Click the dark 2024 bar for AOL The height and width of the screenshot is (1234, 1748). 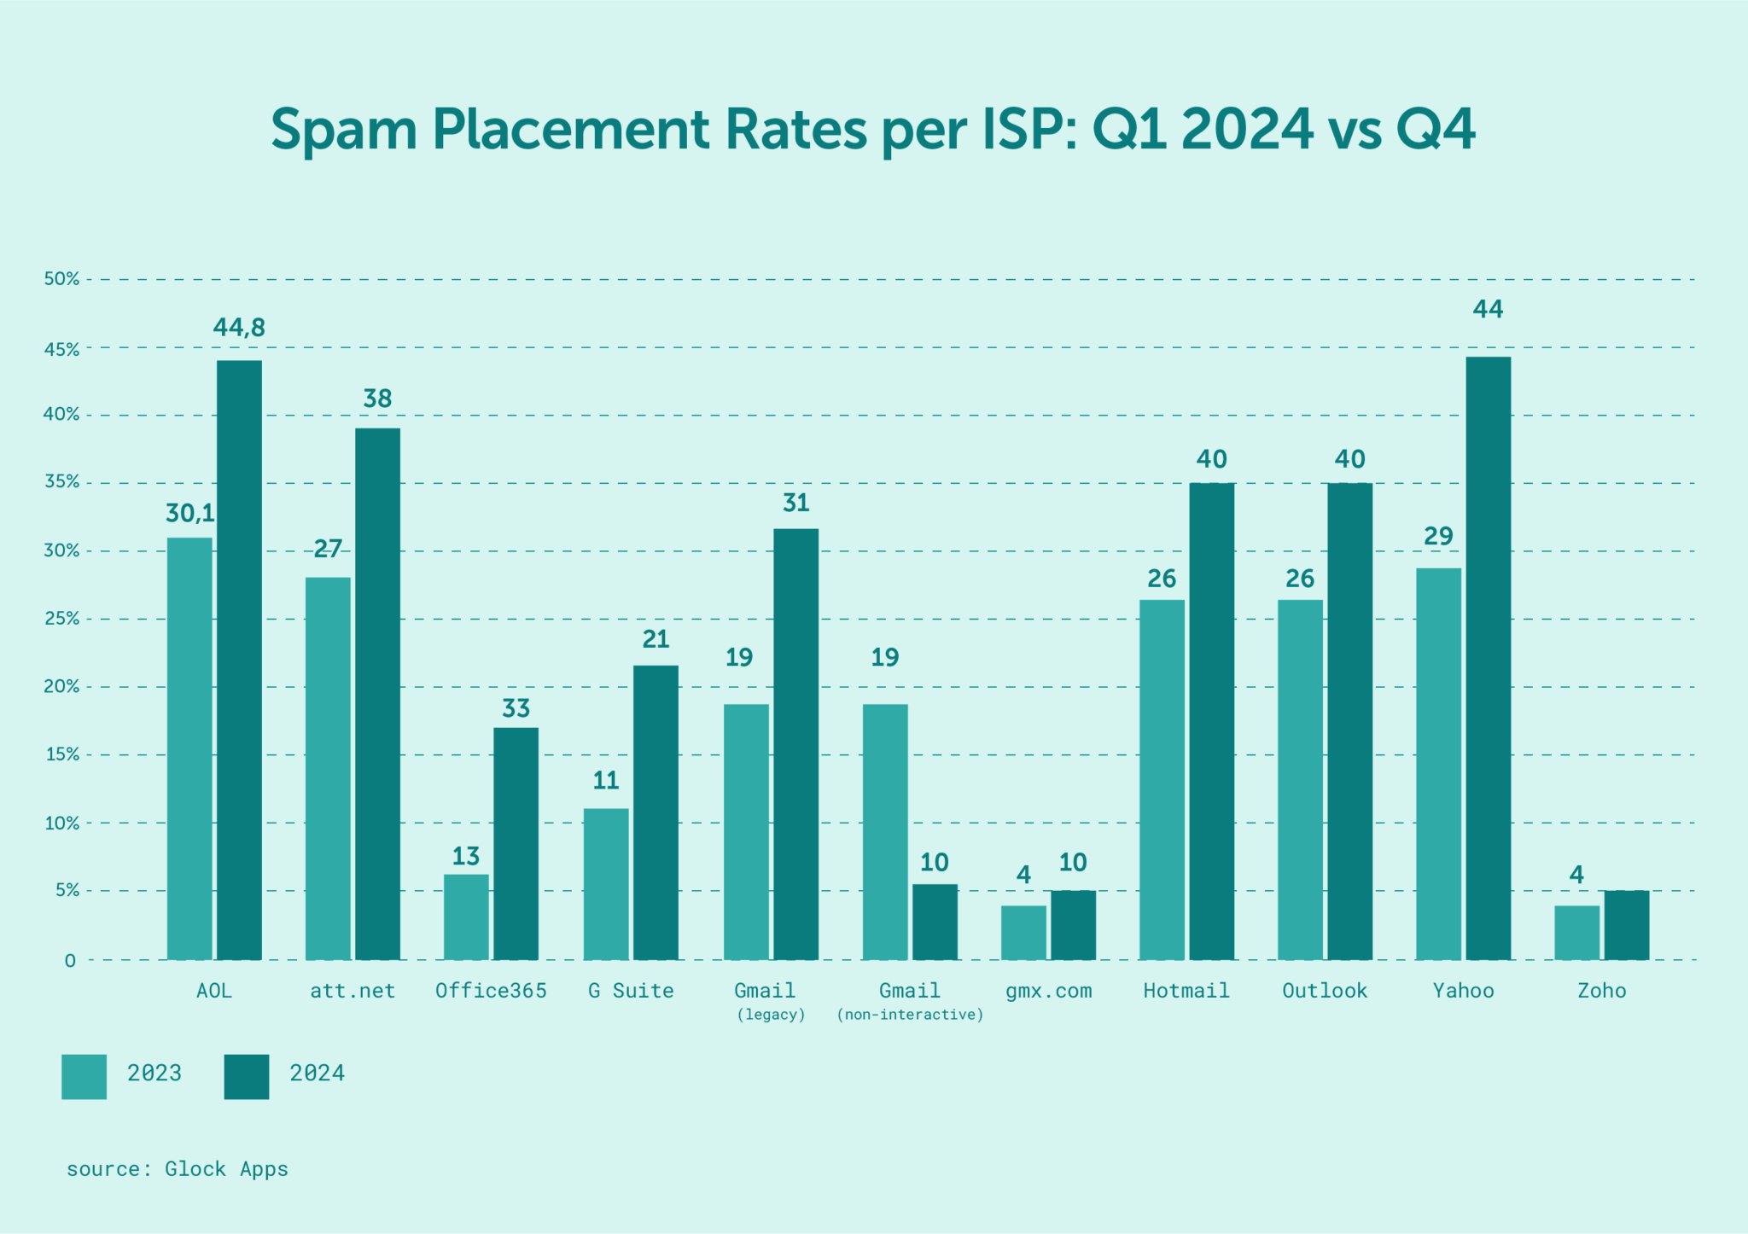pos(239,660)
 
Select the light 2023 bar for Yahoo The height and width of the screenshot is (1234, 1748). pos(1438,764)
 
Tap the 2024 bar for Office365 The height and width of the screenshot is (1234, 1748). pos(516,843)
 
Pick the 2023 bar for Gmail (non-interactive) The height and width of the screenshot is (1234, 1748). pos(885,832)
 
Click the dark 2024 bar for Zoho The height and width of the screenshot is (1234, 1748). pos(1626,925)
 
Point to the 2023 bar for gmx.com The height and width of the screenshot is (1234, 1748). pos(1023,933)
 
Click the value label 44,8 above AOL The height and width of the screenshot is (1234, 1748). pos(239,328)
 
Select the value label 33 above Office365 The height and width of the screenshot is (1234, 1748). pos(516,708)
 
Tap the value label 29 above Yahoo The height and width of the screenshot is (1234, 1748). pos(1438,536)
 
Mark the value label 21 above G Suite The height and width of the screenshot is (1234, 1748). pos(655,639)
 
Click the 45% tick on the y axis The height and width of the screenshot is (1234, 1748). pos(61,350)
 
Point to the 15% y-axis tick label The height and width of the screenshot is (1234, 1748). pos(61,755)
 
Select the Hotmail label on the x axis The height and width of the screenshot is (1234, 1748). pos(1186,991)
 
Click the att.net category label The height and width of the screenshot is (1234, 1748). pos(353,991)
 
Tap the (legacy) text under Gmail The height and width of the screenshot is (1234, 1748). pos(771,1015)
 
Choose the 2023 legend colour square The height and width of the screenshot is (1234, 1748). pos(84,1076)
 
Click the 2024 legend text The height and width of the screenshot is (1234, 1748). pos(317,1074)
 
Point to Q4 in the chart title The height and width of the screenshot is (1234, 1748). pos(1435,130)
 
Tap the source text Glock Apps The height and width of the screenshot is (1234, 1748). pos(226,1169)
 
